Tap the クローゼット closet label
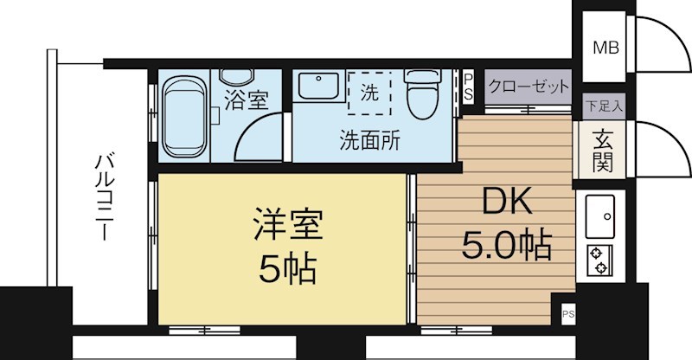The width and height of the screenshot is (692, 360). pos(529,87)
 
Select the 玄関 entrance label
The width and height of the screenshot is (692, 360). pos(603,148)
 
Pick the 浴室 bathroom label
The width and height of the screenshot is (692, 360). pos(245,100)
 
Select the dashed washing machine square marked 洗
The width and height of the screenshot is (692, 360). pos(370,93)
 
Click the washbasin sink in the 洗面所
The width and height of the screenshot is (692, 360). pos(319,87)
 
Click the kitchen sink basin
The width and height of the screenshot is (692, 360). pos(599,216)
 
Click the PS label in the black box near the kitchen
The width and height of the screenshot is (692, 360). pos(567,312)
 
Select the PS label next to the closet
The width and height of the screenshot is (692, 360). pos(468,87)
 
